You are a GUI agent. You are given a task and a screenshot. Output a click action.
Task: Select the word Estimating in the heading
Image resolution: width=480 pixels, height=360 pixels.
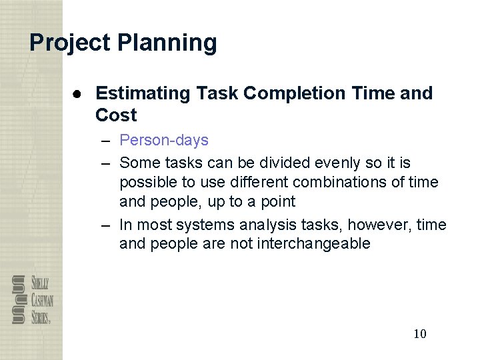143,93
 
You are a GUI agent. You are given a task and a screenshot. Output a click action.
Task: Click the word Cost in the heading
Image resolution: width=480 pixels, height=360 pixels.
116,115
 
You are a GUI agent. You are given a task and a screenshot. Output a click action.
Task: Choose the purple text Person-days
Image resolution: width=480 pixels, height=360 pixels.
164,141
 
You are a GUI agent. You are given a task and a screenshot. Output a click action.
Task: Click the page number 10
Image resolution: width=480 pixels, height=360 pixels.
420,333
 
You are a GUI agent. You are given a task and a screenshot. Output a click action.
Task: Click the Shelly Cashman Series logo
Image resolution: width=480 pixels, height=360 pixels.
32,299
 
